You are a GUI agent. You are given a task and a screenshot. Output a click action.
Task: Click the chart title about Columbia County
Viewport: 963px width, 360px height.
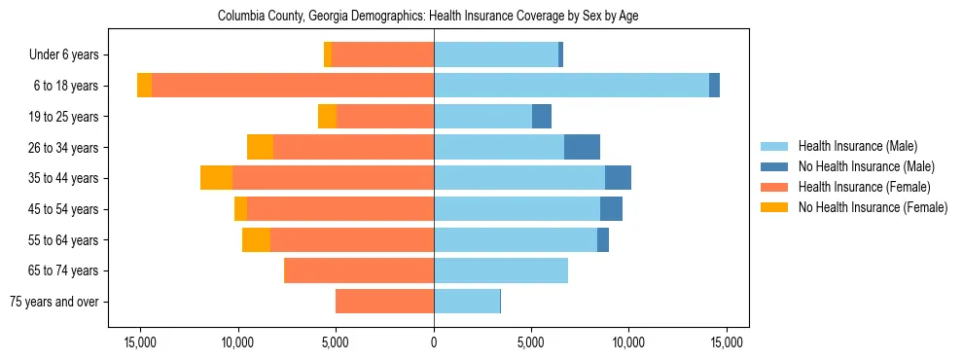(428, 17)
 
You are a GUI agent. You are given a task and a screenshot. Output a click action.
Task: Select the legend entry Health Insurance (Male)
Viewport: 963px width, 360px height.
(857, 146)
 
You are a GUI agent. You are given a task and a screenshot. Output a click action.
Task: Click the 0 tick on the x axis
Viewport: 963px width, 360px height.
(434, 342)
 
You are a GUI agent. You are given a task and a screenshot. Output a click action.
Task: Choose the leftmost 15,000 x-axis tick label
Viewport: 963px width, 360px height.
(140, 342)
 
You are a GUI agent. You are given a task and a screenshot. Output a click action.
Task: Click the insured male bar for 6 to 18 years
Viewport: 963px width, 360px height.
(571, 86)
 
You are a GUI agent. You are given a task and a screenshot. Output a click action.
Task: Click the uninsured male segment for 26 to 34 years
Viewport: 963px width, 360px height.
(582, 147)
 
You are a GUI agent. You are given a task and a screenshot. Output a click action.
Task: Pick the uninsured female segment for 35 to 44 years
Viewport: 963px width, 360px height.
(216, 178)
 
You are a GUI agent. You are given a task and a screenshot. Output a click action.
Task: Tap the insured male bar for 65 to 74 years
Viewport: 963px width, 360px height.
(501, 270)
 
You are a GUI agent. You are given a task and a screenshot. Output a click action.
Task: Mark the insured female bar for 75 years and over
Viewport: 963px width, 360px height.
(384, 302)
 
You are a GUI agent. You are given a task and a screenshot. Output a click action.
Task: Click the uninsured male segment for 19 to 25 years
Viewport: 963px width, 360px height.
(542, 117)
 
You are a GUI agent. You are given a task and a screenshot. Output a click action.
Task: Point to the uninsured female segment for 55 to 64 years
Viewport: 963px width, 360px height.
(256, 239)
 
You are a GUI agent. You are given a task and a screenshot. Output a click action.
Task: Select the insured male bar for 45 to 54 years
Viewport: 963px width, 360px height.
(517, 209)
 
